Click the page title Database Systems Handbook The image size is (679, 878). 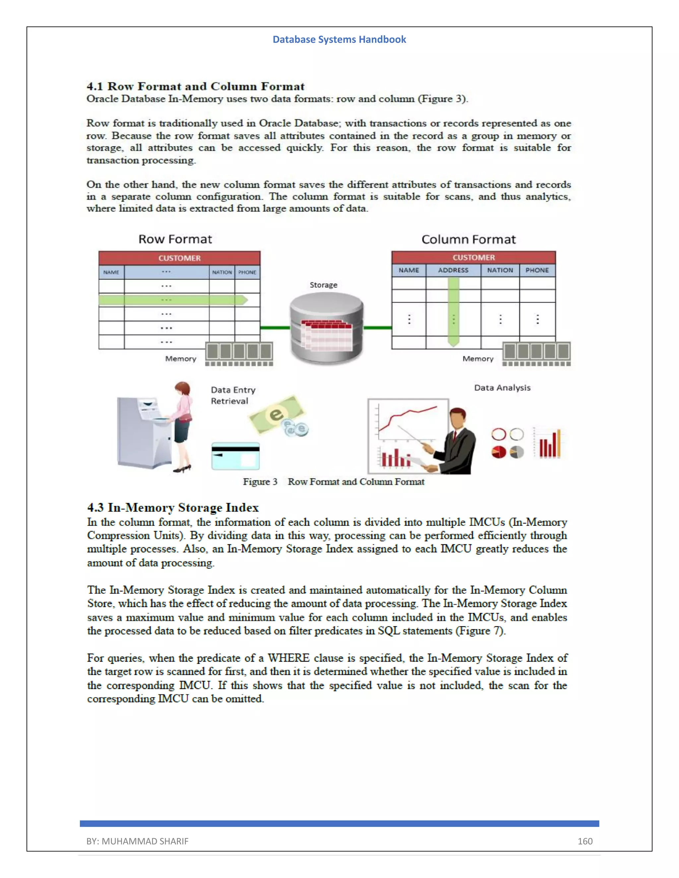(339, 39)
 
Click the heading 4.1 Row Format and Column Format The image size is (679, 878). (196, 86)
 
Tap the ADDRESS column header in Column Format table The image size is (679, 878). (453, 270)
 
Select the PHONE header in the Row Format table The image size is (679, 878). (247, 272)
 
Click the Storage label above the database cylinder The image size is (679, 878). (323, 285)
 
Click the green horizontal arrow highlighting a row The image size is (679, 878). (173, 300)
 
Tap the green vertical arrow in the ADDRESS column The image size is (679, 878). (453, 311)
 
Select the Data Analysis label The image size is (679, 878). (502, 388)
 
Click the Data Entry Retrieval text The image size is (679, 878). (232, 395)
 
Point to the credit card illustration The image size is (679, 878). (235, 456)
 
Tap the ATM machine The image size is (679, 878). (143, 432)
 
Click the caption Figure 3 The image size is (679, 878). (260, 482)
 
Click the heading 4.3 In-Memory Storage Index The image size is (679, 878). (173, 507)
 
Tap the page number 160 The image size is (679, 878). (585, 841)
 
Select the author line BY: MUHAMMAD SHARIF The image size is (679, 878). (137, 841)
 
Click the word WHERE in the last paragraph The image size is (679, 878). (288, 658)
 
